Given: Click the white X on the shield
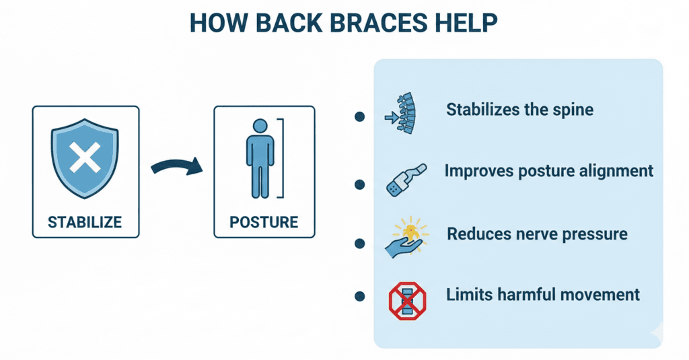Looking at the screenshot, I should (x=85, y=159).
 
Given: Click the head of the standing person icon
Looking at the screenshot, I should (x=260, y=126).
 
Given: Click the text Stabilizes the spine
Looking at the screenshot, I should (x=519, y=110).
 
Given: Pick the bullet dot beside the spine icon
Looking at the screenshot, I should (x=359, y=116).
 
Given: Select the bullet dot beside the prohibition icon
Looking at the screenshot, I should (x=359, y=295).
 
